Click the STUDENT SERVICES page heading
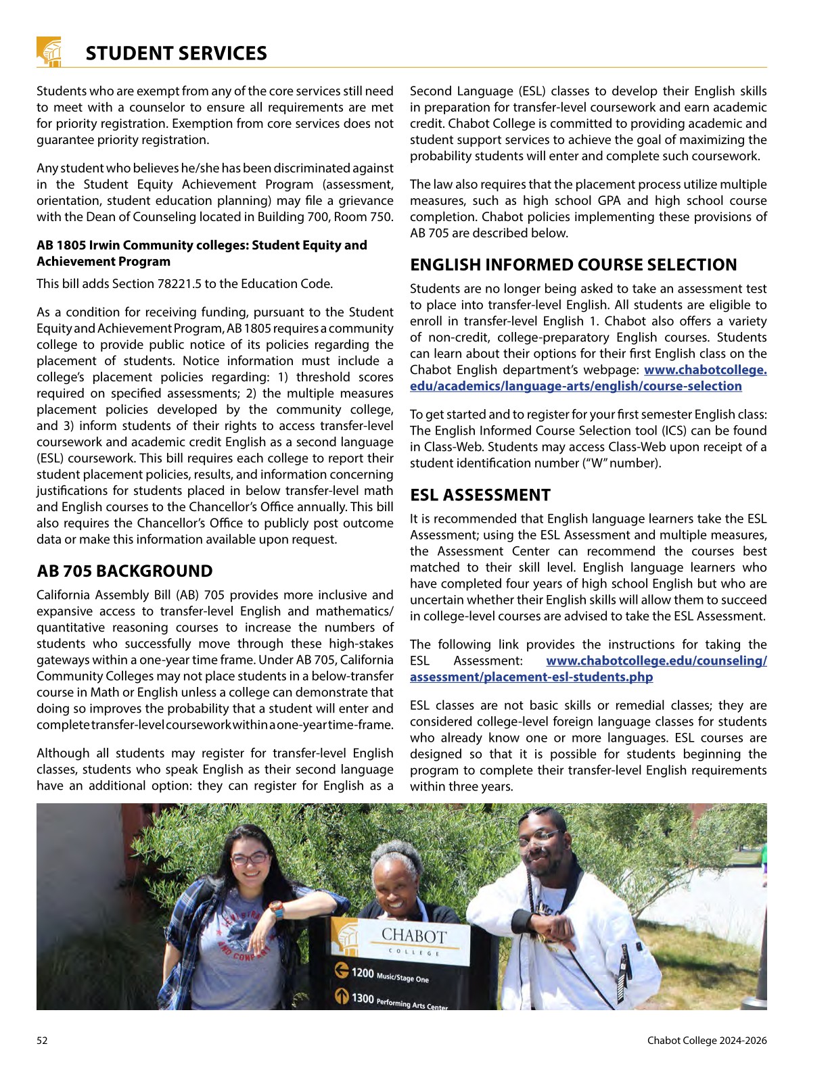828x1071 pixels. pos(176,53)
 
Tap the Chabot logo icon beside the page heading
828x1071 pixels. pos(49,52)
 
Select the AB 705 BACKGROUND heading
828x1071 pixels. pos(124,571)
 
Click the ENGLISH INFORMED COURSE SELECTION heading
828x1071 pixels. pos(573,265)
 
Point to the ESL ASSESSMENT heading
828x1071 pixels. pos(480,495)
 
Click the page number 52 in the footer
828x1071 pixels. pos(42,1041)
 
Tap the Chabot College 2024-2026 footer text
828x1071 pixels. pos(707,1041)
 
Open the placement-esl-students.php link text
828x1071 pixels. pos(531,677)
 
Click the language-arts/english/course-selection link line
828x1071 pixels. pos(576,386)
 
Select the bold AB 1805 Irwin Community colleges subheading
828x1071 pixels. pos(202,253)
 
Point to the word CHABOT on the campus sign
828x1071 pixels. pos(414,936)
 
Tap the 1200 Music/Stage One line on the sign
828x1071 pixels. pos(390,974)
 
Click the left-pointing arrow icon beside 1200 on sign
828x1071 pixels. pos(342,971)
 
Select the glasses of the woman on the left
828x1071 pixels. pos(249,859)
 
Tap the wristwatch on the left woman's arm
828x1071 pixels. pos(275,909)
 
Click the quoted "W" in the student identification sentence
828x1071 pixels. pos(604,463)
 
